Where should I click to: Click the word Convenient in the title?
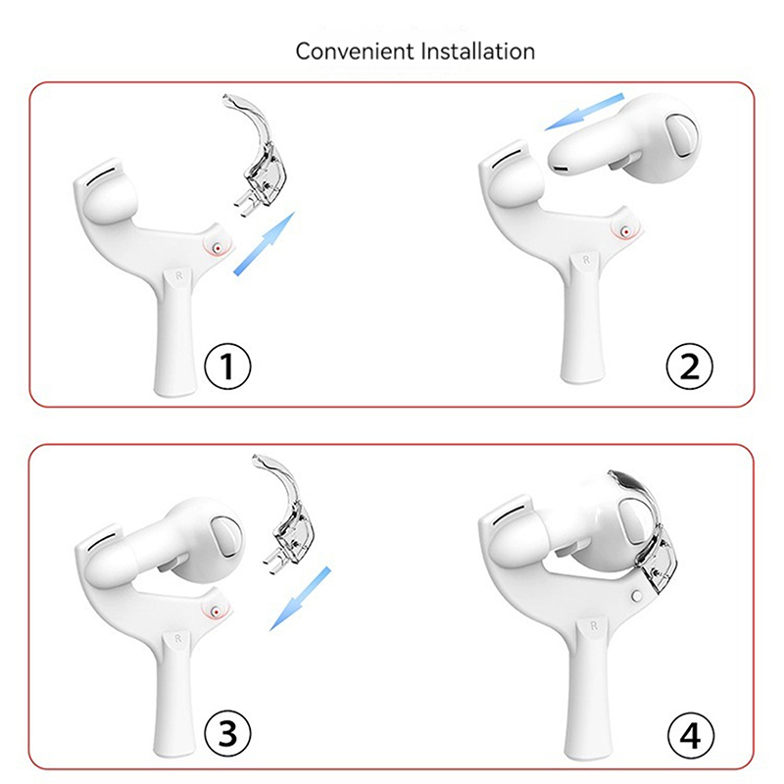(356, 51)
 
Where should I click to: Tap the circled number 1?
(227, 366)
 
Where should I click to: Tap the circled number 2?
(690, 367)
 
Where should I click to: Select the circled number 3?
(227, 734)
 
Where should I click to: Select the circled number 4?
(691, 736)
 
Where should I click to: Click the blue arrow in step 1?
(265, 243)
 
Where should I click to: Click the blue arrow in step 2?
(584, 112)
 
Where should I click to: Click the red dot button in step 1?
(218, 248)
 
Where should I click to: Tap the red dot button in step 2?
(625, 231)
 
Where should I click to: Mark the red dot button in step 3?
(216, 612)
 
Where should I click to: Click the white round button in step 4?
(637, 596)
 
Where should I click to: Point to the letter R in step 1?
(178, 275)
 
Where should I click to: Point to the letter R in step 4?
(594, 625)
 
